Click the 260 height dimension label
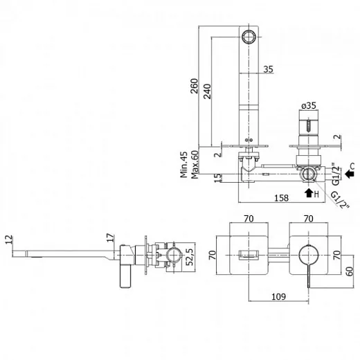tap(195, 86)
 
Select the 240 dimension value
tap(207, 91)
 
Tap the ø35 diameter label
tap(309, 106)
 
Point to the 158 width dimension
tap(282, 198)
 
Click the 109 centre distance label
tap(278, 296)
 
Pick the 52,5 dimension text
tap(190, 257)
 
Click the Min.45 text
tap(184, 165)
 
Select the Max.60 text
tap(195, 165)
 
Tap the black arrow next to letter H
tap(309, 193)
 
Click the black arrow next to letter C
tap(350, 174)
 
